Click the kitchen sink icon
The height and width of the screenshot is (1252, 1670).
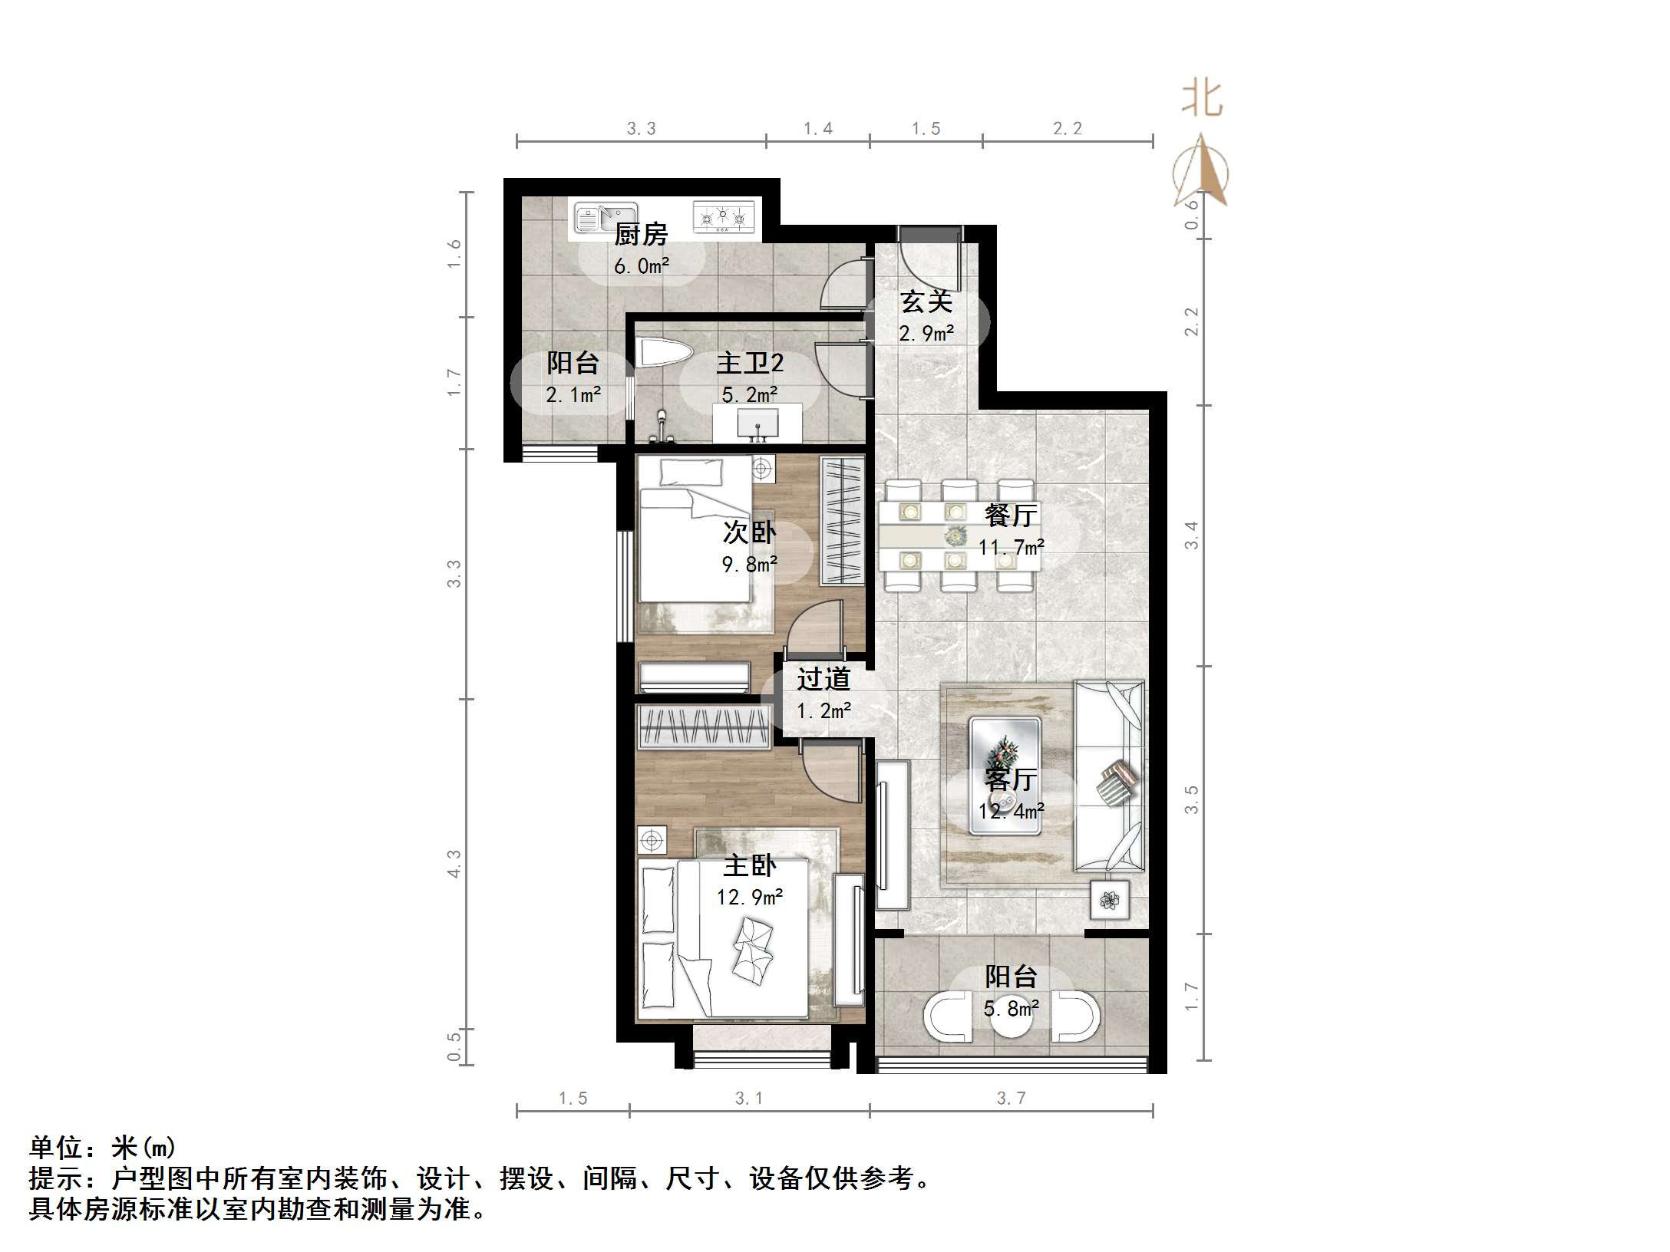coord(606,218)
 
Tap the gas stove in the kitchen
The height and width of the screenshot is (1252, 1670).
coord(723,216)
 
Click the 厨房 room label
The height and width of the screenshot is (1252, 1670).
coord(641,234)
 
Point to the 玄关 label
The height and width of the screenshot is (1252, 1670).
coord(926,301)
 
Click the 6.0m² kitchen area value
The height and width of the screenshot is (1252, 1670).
coord(641,266)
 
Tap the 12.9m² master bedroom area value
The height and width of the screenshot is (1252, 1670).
coord(750,897)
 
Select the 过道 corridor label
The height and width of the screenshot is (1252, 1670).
coord(823,679)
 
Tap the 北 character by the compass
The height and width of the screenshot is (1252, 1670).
coord(1201,100)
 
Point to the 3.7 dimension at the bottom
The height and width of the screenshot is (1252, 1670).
coord(1011,1099)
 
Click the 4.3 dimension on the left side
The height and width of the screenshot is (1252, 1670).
coord(454,864)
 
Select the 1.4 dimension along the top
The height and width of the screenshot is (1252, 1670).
coord(817,129)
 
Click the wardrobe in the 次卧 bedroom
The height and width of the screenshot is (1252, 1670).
coord(842,520)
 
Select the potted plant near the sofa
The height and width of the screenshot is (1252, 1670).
coord(1110,900)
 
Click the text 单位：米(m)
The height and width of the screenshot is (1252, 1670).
coord(103,1148)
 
